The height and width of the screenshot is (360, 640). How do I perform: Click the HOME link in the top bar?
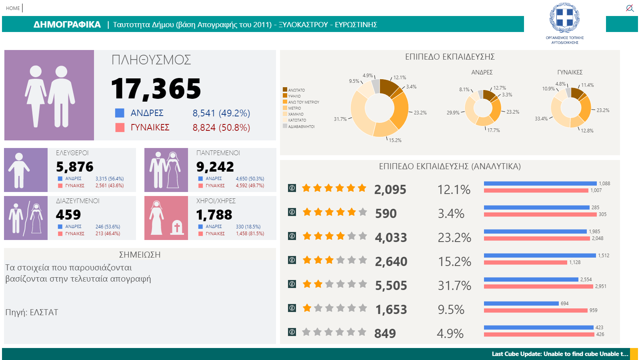tap(13, 8)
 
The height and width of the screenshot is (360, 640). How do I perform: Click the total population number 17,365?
tap(156, 89)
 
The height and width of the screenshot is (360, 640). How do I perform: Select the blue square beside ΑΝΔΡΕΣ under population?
tap(120, 113)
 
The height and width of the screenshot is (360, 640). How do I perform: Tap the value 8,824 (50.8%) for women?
tap(221, 127)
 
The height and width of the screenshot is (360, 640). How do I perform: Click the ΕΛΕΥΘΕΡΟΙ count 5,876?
tap(74, 166)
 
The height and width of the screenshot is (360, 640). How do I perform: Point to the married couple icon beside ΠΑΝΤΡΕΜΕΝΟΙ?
tap(166, 170)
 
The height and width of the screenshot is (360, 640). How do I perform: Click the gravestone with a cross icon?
tap(177, 228)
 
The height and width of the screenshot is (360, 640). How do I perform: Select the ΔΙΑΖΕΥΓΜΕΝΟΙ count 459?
tap(68, 214)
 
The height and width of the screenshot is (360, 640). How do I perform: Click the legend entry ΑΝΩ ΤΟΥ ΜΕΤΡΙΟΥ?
tap(304, 102)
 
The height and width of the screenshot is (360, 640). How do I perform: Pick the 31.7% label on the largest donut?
tap(340, 119)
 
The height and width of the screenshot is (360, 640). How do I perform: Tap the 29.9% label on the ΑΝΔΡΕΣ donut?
tap(453, 112)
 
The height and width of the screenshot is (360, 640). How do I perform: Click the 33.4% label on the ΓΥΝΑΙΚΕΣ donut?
tap(541, 118)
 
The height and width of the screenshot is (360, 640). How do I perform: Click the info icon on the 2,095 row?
tap(292, 188)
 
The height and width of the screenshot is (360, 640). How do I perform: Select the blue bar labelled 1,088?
tap(540, 184)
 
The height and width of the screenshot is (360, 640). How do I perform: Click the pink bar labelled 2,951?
tap(538, 286)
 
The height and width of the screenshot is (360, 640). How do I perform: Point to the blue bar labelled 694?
tap(522, 304)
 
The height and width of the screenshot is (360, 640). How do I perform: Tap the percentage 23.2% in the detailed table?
tap(454, 238)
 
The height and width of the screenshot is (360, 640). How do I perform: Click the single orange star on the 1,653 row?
tap(307, 308)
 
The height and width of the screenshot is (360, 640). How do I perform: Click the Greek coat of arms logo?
tap(564, 18)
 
